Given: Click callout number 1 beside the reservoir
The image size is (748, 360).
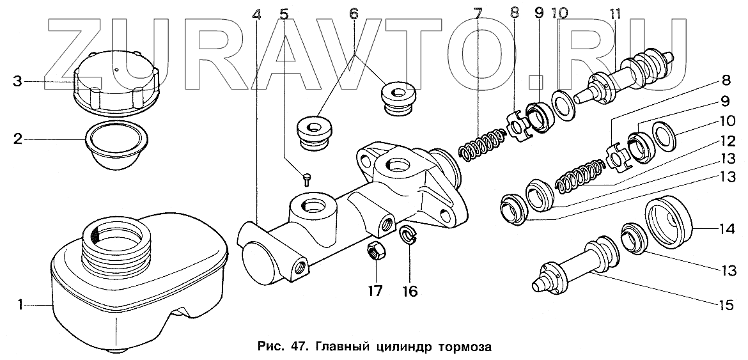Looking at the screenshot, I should (x=21, y=306).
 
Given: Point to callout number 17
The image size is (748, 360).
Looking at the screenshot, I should (x=375, y=291).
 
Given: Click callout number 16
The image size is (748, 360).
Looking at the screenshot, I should (x=409, y=291).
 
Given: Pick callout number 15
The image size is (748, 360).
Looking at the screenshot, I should (x=725, y=306).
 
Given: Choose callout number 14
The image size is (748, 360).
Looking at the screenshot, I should (x=726, y=228).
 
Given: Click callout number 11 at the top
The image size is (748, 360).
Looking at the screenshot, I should (x=614, y=12).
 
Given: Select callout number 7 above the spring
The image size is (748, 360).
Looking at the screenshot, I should (x=477, y=12).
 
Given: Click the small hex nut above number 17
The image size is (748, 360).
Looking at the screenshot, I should (x=376, y=252).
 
